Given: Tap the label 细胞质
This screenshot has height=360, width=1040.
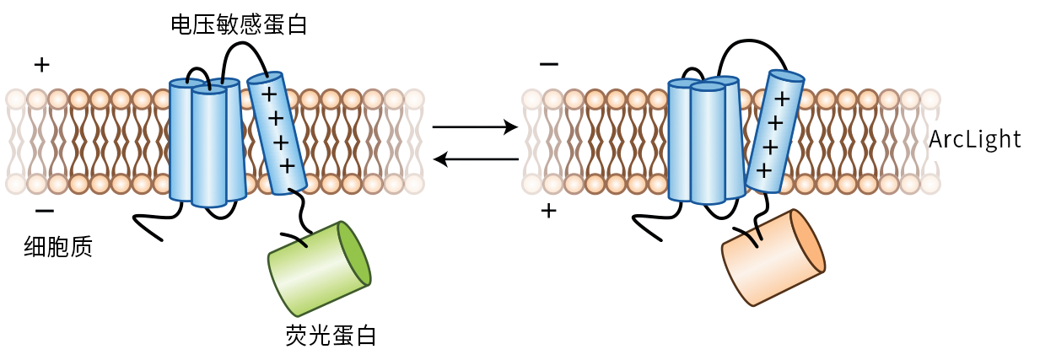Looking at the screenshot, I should [x=58, y=246].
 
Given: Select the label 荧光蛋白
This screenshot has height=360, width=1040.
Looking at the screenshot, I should [x=331, y=335].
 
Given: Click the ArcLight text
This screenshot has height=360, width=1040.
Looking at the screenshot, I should [x=975, y=139].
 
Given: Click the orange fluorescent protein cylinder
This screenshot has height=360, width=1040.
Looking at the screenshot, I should [x=769, y=257].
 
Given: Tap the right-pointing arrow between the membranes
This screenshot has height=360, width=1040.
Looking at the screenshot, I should [x=474, y=127].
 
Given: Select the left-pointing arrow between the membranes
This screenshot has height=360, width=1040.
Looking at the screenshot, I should [x=474, y=158].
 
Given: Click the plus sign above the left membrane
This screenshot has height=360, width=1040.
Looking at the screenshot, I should [x=40, y=64].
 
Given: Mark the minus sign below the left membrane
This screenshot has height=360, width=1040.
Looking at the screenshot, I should [x=45, y=210].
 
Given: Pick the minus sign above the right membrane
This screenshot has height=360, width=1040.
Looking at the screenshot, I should [x=548, y=64].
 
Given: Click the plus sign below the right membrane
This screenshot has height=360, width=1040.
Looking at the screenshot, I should [x=548, y=210].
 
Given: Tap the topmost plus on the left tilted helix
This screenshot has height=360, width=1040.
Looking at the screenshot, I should [x=267, y=94].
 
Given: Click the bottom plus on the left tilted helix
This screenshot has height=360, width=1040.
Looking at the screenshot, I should [x=287, y=164].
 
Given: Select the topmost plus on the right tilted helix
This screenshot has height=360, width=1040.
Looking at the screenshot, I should [x=782, y=99].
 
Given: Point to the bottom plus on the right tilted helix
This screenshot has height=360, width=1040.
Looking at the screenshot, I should [x=764, y=170].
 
